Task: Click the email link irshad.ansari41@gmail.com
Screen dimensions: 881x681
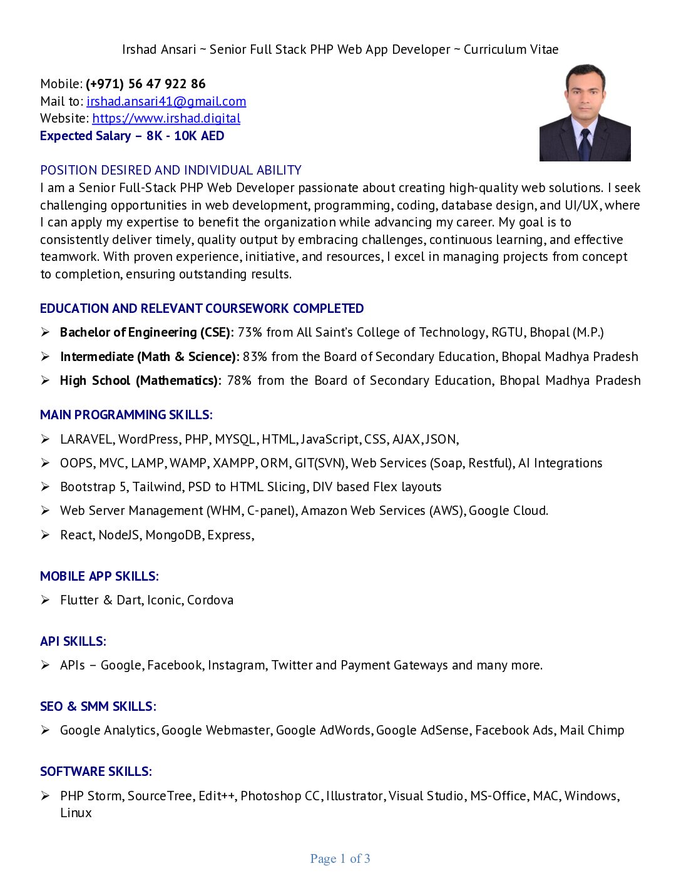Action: tap(166, 101)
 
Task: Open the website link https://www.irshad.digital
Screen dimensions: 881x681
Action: tap(166, 118)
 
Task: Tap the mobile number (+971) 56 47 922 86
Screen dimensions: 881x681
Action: tap(145, 84)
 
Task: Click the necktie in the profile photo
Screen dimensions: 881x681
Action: tap(585, 145)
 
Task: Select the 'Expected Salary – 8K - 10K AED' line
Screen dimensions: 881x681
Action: tap(132, 136)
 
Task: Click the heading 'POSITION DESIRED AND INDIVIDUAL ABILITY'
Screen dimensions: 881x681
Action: tap(171, 170)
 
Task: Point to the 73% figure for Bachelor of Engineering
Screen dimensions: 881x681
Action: tap(249, 332)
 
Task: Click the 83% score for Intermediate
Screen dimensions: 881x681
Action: tap(255, 357)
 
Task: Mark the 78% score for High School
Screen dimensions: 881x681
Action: tap(239, 380)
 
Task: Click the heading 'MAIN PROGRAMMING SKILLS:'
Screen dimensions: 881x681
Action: tap(126, 415)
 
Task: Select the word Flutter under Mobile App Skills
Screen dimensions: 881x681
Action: tap(79, 600)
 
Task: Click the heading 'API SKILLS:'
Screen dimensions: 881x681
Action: tap(73, 641)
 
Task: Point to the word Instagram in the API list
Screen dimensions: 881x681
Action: tap(237, 665)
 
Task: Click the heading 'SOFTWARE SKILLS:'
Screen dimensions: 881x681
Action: tap(96, 772)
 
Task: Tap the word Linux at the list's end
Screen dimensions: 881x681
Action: tap(76, 813)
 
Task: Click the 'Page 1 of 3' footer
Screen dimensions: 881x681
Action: tap(340, 858)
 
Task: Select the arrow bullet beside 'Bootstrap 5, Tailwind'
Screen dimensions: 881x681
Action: tap(46, 487)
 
